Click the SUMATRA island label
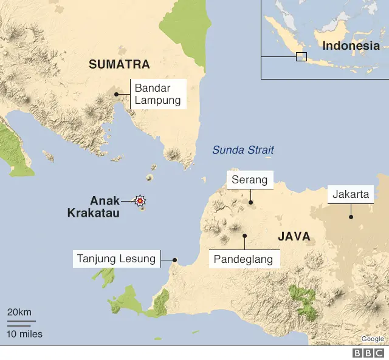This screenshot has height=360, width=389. point(119,64)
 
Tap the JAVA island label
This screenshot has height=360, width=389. point(295,236)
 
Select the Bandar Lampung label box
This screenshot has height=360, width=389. point(158,94)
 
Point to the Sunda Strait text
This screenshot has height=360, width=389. point(243,150)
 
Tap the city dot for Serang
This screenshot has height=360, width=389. point(250,202)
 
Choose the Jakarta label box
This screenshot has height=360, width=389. point(351,194)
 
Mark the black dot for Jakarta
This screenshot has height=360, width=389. point(351,217)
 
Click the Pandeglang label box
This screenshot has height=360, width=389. point(244,259)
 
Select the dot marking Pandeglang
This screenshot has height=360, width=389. point(244,236)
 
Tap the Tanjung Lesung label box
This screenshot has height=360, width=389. point(117,259)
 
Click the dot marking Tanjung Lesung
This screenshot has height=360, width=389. point(174,260)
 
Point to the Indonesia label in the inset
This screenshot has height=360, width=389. point(351,46)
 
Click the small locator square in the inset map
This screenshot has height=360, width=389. point(301,56)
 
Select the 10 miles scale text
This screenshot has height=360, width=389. point(24,333)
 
